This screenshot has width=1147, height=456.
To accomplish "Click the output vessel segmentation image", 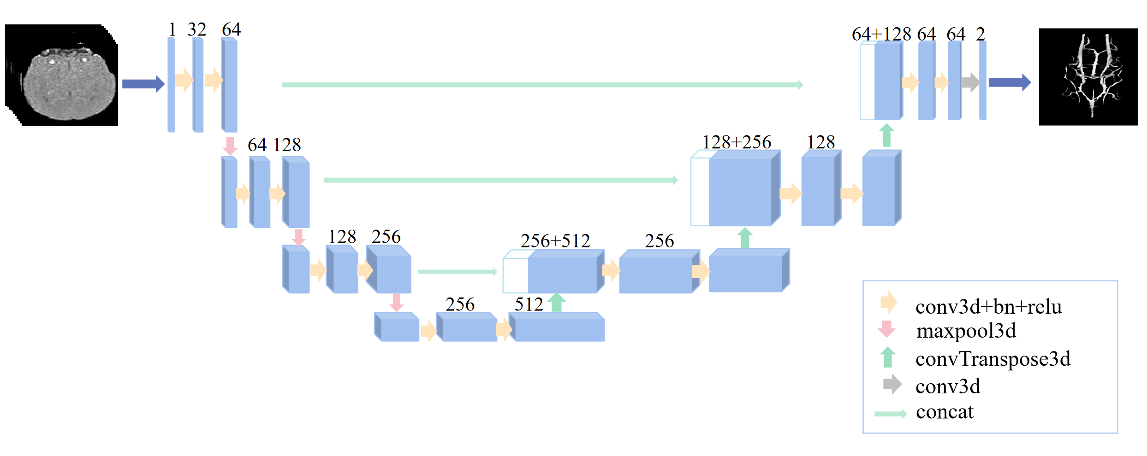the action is point(1088,77).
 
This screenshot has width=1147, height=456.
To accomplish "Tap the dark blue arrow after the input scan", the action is point(143,84).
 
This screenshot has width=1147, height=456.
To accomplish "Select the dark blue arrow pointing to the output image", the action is point(1009,82).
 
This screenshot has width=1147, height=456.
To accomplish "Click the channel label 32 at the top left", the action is point(197,30).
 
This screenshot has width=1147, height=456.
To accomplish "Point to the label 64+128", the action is point(881,35).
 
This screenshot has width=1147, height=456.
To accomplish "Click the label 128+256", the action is point(737,142).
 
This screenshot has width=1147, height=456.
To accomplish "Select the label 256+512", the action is point(555,241).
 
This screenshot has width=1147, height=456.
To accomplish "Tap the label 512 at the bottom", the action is point(529,304).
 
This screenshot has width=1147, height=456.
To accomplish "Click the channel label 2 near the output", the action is point(981,35).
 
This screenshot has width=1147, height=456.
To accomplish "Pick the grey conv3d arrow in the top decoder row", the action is point(970,82).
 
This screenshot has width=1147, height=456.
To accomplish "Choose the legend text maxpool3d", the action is point(966,331).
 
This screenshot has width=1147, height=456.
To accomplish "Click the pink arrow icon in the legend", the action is point(886,329).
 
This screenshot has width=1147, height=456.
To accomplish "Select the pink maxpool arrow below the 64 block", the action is point(230,146).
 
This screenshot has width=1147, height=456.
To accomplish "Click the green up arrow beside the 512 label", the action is point(557,303).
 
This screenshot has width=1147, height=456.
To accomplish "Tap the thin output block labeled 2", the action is point(983,81).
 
